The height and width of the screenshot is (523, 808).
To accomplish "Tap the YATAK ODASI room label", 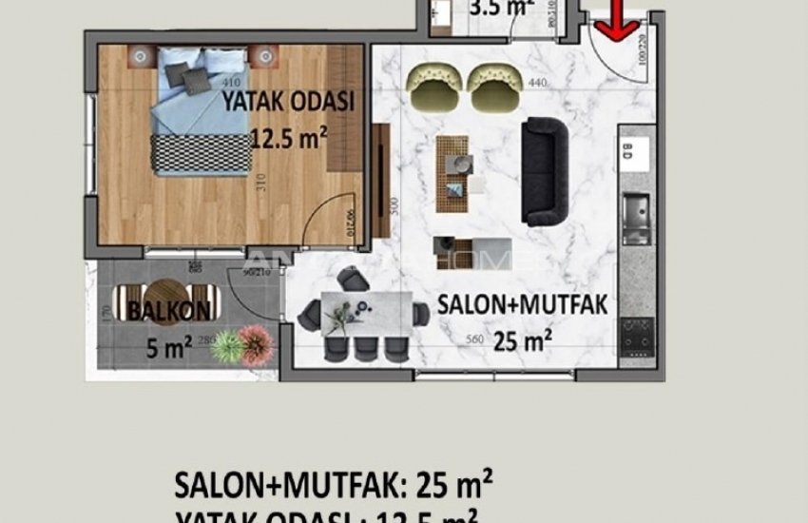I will (x=288, y=100).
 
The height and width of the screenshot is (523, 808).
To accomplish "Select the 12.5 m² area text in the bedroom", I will (x=289, y=140).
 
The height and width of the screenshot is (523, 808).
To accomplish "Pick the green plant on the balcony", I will (x=225, y=346).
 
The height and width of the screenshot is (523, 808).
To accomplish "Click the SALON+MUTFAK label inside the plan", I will (x=522, y=305).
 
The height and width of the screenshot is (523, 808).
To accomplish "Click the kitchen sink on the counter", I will (x=635, y=208).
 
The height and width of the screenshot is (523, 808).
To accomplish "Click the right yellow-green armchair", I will (x=489, y=83).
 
